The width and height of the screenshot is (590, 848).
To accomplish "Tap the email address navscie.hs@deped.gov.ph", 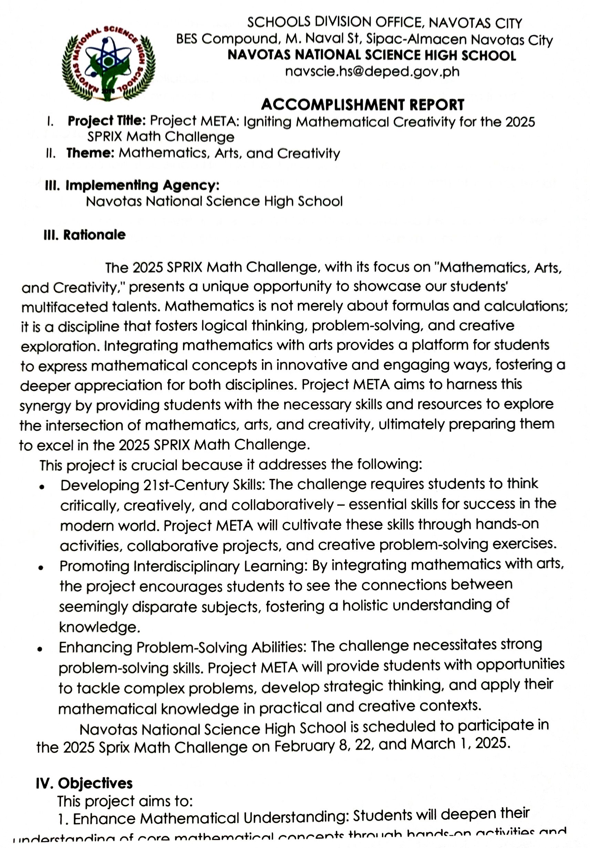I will tap(372, 71).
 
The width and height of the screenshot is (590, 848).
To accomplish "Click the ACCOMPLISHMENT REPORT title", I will tap(362, 105).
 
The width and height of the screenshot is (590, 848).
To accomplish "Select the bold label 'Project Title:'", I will tap(107, 121).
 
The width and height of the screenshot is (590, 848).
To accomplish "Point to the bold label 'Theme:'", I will tap(90, 153).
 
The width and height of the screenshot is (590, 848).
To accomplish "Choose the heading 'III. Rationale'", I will tap(84, 235).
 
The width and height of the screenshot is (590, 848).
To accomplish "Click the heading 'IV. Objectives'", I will tap(84, 783).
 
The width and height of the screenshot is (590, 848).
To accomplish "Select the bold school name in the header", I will tap(372, 56).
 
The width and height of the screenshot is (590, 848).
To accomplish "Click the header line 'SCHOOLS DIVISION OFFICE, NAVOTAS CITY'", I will tap(384, 23).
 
